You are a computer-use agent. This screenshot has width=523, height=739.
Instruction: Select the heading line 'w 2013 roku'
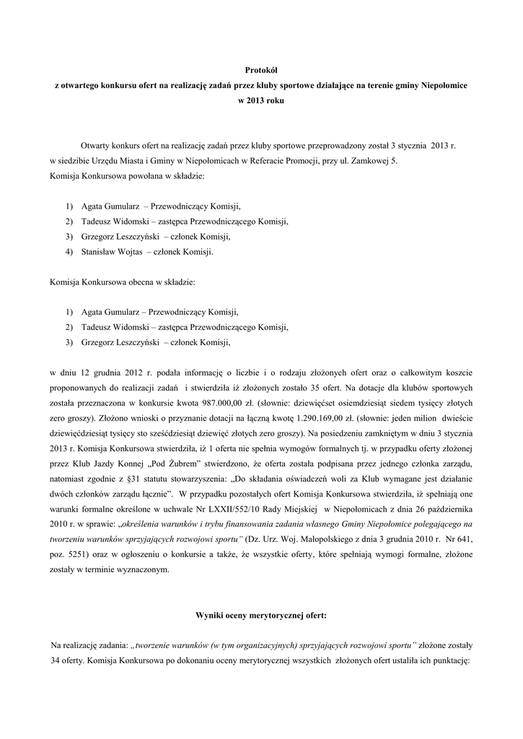[261, 101]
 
